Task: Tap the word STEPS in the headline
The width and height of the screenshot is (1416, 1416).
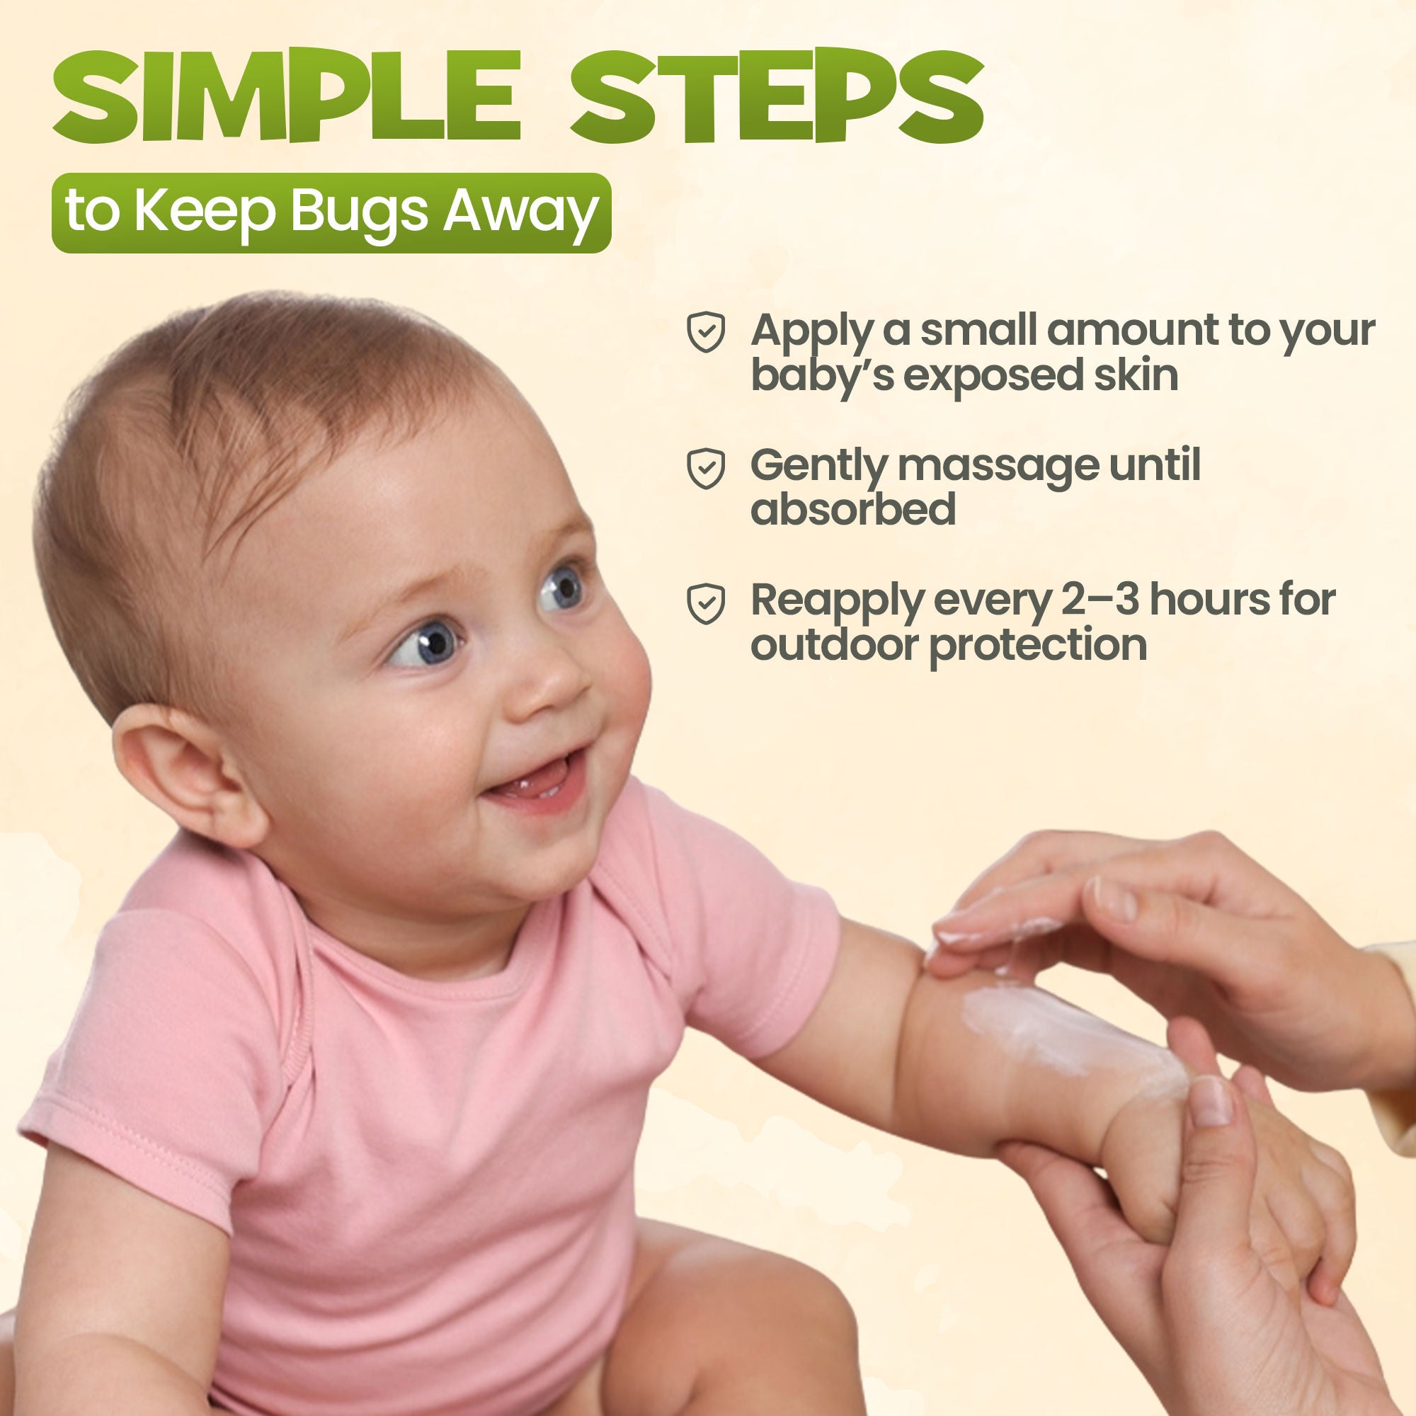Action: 777,98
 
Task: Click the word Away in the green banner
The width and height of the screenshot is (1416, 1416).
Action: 520,212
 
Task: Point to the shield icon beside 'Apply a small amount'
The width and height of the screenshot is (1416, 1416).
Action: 705,332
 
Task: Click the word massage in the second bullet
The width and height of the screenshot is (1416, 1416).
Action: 998,466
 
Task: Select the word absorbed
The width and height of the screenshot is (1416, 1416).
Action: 853,509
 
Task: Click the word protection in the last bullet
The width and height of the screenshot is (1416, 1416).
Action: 1038,646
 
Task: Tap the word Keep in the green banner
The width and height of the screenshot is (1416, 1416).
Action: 204,212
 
